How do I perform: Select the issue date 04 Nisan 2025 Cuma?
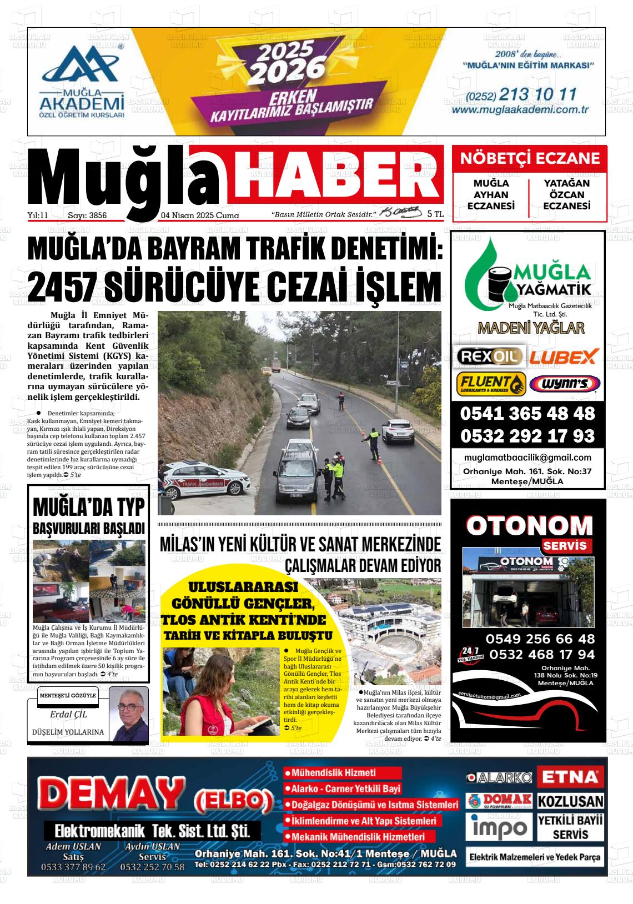tap(200, 215)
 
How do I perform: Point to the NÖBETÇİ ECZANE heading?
tap(530, 158)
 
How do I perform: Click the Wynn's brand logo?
tap(564, 384)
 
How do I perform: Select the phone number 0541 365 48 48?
tap(527, 414)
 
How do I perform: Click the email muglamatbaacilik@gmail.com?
tap(527, 458)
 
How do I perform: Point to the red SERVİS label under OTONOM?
tap(564, 545)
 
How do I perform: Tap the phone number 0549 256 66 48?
tap(540, 639)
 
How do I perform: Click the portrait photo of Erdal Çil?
tap(129, 714)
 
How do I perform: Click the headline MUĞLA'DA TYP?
tap(89, 508)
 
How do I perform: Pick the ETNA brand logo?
tap(570, 777)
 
